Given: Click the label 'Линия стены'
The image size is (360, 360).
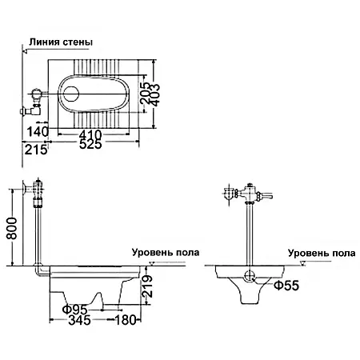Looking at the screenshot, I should pyautogui.click(x=60, y=42).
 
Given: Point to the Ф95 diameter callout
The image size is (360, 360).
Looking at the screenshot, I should pyautogui.click(x=76, y=309).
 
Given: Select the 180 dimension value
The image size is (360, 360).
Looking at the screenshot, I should pyautogui.click(x=126, y=321).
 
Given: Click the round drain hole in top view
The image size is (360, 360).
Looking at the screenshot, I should pyautogui.click(x=70, y=92).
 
